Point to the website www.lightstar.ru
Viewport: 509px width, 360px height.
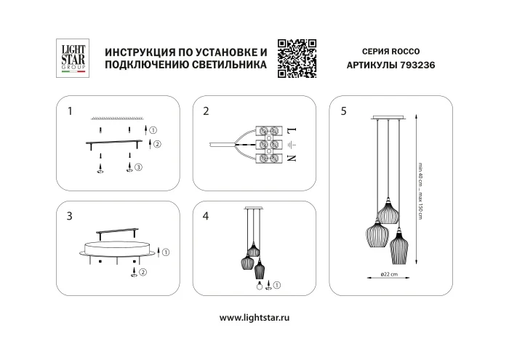click(254, 318)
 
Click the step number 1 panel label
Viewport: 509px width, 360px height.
click(70, 111)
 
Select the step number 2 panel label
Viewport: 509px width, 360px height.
click(207, 111)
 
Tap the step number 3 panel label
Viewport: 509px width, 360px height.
click(70, 216)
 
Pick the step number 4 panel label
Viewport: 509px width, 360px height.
click(207, 216)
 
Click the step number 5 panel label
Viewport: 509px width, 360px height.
click(343, 111)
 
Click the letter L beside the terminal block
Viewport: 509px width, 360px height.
click(290, 131)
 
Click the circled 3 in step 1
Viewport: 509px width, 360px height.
click(139, 167)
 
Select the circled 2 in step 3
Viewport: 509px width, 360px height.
click(143, 273)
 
